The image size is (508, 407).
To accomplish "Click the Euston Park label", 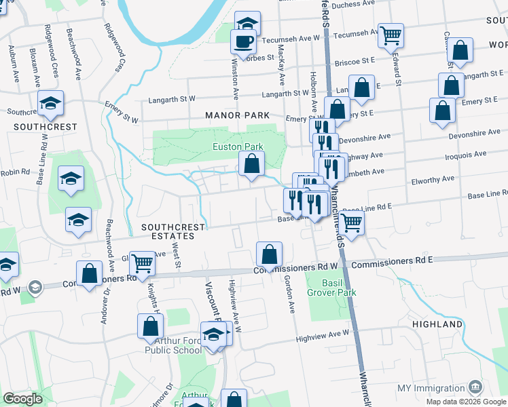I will [238, 147].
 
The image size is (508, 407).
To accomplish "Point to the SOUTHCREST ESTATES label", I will [168, 231].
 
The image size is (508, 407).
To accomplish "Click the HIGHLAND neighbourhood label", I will [437, 325].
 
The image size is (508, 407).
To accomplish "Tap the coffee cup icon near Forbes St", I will [243, 42].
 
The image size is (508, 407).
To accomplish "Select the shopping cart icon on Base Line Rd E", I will [351, 220].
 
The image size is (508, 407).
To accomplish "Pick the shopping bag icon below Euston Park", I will [251, 163].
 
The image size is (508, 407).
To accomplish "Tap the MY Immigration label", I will [431, 388].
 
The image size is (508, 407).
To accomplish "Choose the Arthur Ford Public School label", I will [173, 345].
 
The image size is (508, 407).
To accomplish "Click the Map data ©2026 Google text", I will [465, 402].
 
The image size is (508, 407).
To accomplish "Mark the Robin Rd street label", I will [16, 172].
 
